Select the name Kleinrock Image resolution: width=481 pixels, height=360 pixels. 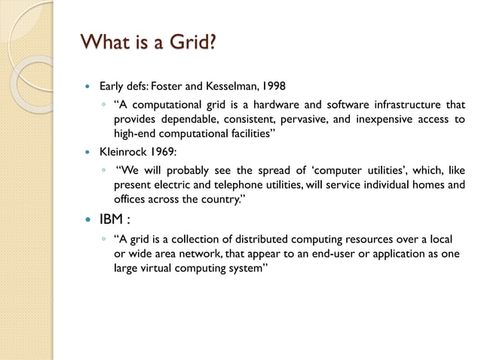click(x=122, y=151)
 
